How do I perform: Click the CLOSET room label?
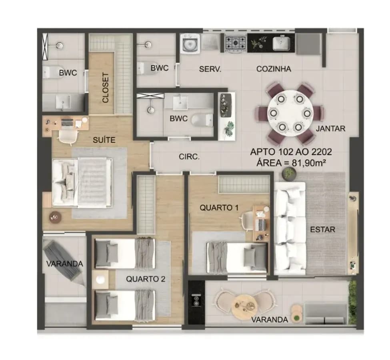[106, 88]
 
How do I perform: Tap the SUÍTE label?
[104, 140]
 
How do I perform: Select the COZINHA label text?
[274, 69]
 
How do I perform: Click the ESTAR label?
[322, 229]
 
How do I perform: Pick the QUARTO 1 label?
[219, 208]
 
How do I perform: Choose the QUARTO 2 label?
[146, 279]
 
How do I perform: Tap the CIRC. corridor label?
[189, 157]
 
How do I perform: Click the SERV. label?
[210, 69]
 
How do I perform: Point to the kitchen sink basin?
[282, 43]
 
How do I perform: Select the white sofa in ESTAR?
[290, 229]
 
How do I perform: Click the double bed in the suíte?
[82, 183]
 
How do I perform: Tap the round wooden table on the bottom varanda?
[244, 306]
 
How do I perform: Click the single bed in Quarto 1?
[237, 258]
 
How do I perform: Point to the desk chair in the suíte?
[69, 136]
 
